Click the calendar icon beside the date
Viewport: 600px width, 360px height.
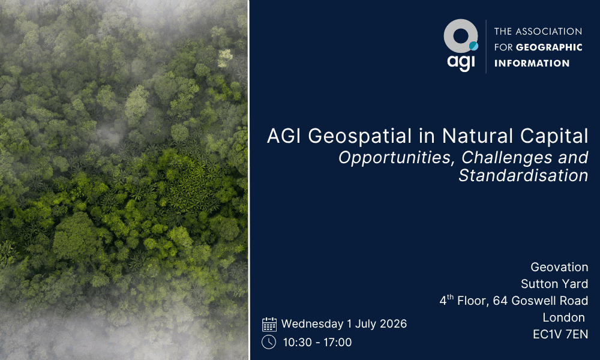coord(269,324)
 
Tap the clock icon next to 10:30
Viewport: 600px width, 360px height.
coord(269,342)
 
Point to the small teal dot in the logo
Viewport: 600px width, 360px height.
coord(473,46)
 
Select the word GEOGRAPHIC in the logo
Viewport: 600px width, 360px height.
coord(549,47)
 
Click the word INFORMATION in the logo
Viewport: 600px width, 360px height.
coord(532,63)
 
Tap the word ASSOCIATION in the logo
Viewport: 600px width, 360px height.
coord(549,31)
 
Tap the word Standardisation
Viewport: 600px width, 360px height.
coord(523,175)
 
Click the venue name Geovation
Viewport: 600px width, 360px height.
coord(559,267)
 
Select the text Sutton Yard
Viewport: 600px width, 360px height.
coord(554,284)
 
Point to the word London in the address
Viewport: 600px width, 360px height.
coord(563,317)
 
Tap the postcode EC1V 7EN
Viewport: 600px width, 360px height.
coord(560,335)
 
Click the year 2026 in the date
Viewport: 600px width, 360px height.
coord(392,324)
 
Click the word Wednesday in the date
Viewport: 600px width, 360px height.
coord(312,324)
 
